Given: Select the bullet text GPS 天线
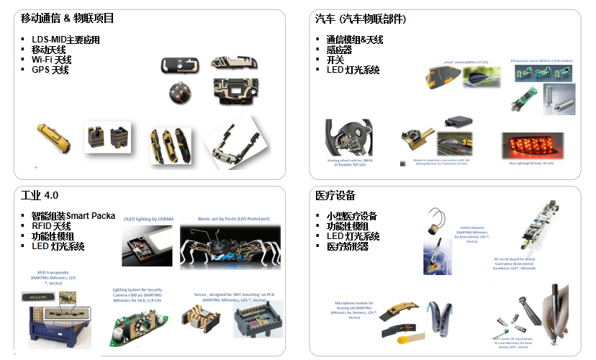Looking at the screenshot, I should [50, 70].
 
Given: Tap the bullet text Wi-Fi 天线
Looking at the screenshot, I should [51, 60].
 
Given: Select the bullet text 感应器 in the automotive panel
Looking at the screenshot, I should [339, 50].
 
